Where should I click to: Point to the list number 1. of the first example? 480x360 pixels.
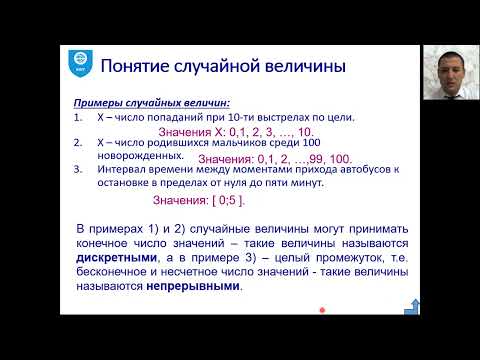click(x=78, y=116)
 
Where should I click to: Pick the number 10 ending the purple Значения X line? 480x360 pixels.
click(x=307, y=131)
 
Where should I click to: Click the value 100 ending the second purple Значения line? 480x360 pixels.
click(x=341, y=159)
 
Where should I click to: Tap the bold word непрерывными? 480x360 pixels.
click(x=196, y=285)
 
